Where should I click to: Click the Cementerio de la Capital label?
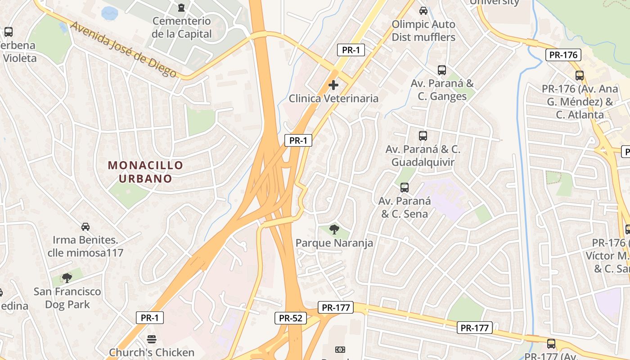click(181, 27)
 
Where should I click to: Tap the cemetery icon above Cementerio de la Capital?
click(181, 8)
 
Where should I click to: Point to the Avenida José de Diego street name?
click(124, 49)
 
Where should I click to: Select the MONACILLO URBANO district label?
click(146, 172)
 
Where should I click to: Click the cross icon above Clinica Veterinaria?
click(333, 85)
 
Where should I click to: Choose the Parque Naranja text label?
click(334, 243)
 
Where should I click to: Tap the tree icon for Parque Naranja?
click(334, 230)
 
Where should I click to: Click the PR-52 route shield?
click(291, 318)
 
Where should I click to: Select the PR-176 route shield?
click(563, 55)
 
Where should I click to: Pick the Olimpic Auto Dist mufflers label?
click(423, 31)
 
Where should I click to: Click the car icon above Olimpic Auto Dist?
click(423, 10)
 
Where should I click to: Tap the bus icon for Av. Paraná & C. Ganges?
click(442, 70)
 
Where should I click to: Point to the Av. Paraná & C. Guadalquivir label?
click(423, 156)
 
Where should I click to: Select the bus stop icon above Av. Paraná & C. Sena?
click(405, 188)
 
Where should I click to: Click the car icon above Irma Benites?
click(85, 226)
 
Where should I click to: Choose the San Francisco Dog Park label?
click(67, 298)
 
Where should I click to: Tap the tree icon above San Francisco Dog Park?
click(67, 278)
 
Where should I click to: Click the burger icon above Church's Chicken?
click(152, 339)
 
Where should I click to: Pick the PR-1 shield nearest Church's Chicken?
click(150, 318)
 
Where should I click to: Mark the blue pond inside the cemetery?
click(109, 13)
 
